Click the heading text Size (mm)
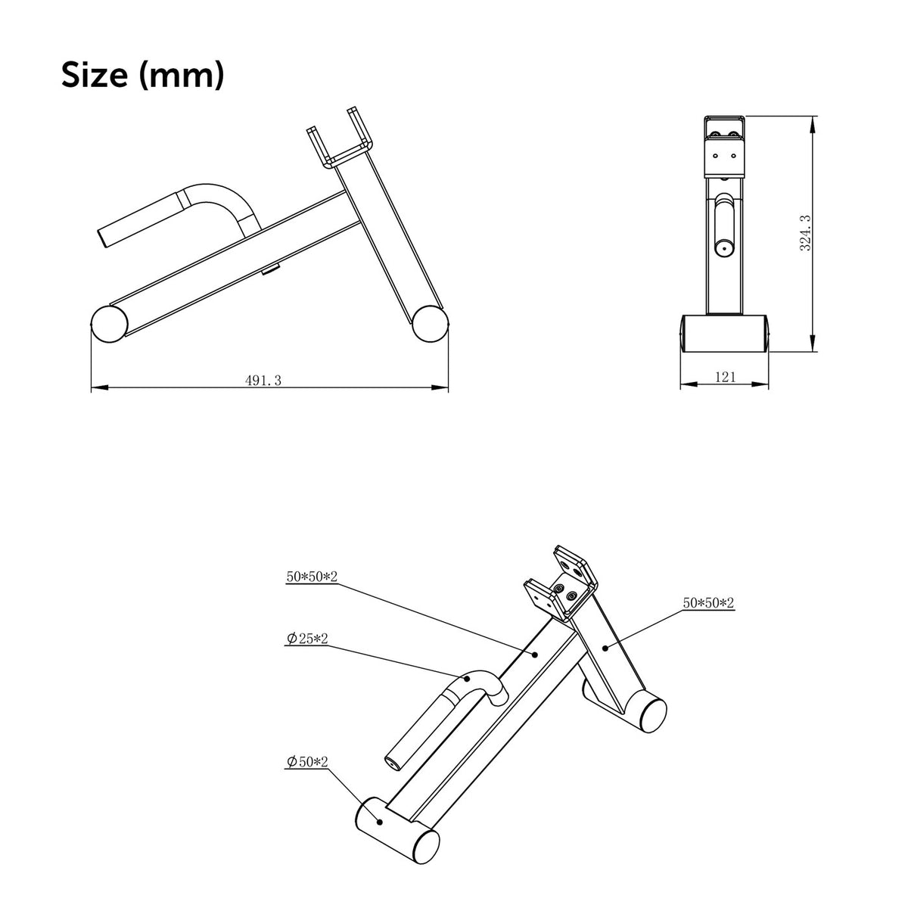[x=142, y=76]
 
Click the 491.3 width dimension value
[x=263, y=381]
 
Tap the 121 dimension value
[x=724, y=378]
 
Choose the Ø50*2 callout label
[x=307, y=763]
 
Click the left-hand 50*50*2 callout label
[x=312, y=577]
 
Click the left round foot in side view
[x=109, y=323]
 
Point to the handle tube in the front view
[x=724, y=223]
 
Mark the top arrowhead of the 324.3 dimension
[x=813, y=121]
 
